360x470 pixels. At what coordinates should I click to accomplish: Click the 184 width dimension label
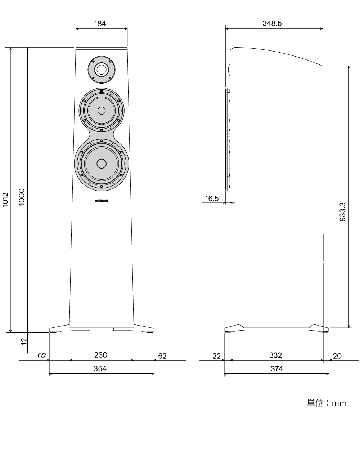(100, 23)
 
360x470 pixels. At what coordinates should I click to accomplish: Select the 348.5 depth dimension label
(272, 23)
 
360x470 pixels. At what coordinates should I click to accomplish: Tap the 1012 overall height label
(5, 200)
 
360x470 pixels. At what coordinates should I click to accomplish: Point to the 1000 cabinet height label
(22, 197)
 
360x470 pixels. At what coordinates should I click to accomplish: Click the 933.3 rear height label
(342, 212)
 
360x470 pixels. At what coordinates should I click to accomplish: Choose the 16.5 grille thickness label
(212, 198)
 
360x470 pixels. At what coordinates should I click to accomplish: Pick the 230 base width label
(101, 355)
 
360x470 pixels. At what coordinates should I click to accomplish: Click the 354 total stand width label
(100, 368)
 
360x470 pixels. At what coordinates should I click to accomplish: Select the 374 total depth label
(277, 368)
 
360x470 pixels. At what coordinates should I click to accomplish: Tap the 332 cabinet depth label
(275, 355)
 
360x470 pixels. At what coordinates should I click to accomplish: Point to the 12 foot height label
(23, 341)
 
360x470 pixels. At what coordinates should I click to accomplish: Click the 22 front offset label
(216, 356)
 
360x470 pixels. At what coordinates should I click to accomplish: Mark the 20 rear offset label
(337, 356)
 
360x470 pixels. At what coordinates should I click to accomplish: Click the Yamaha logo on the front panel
(102, 201)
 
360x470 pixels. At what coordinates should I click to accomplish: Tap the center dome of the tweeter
(102, 70)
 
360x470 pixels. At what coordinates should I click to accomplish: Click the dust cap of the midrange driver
(102, 111)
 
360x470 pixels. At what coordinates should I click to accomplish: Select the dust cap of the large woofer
(102, 164)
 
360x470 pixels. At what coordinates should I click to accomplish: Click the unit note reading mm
(327, 403)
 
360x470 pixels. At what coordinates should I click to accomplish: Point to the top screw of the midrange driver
(102, 91)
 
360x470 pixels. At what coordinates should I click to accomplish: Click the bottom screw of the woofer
(102, 187)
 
